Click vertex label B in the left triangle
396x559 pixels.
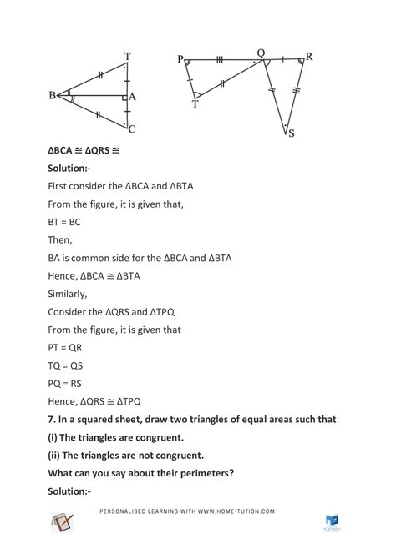tap(52, 95)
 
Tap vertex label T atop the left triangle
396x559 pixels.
tap(127, 57)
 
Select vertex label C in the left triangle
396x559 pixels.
tap(132, 128)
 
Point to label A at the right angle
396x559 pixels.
tap(133, 97)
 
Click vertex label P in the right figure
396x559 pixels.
tap(180, 60)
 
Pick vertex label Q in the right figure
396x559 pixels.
tap(260, 53)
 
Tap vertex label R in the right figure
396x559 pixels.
tap(308, 58)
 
